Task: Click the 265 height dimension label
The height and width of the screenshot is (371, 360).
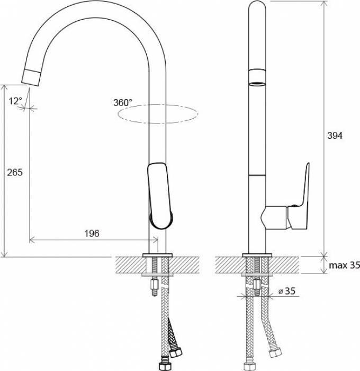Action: (15, 172)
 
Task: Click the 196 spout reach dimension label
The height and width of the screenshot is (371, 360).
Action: (92, 234)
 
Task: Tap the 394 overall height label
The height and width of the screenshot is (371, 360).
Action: (335, 136)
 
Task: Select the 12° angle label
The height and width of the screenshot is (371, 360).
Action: (15, 101)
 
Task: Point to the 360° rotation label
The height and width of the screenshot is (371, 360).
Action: (123, 103)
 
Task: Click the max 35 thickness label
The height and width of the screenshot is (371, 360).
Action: (345, 265)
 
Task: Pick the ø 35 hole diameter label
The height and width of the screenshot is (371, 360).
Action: (287, 291)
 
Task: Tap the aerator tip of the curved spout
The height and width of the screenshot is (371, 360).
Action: (31, 77)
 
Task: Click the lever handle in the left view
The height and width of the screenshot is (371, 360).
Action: (160, 196)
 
